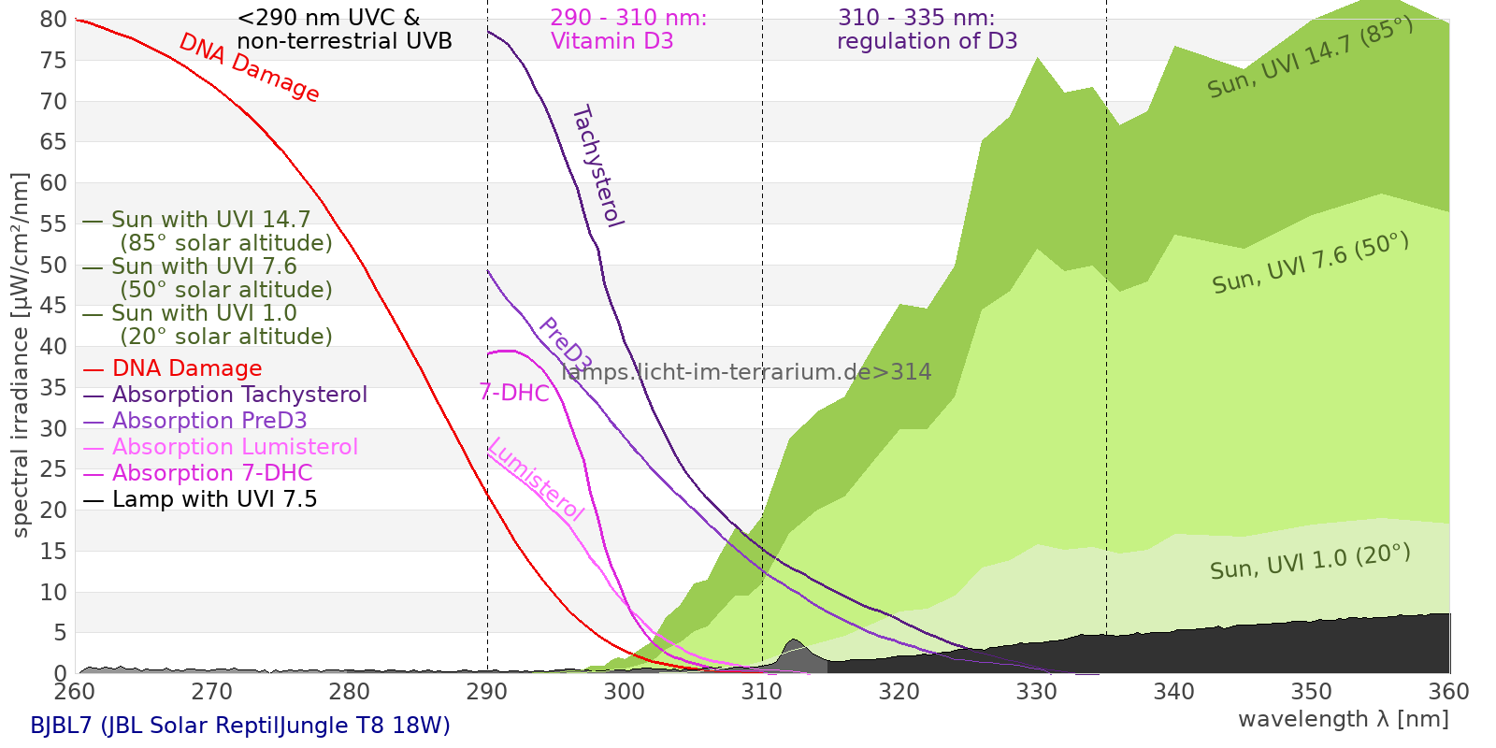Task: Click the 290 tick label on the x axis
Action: coord(487,692)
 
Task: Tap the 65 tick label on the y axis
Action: coord(54,142)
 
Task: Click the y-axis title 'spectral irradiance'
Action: coord(21,355)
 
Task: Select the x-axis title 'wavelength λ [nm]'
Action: coord(1344,719)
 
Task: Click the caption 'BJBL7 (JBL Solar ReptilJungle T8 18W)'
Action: coord(240,726)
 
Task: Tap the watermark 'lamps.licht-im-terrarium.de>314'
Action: coord(746,372)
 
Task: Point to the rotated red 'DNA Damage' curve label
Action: coord(249,67)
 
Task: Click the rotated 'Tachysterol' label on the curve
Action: coord(597,166)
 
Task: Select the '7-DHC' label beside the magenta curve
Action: coord(514,393)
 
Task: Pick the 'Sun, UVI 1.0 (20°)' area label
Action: coord(1310,562)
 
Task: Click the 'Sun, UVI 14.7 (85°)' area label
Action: coord(1310,58)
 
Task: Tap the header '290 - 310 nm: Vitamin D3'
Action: coord(628,29)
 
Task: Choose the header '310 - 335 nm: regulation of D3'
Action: coord(927,29)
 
